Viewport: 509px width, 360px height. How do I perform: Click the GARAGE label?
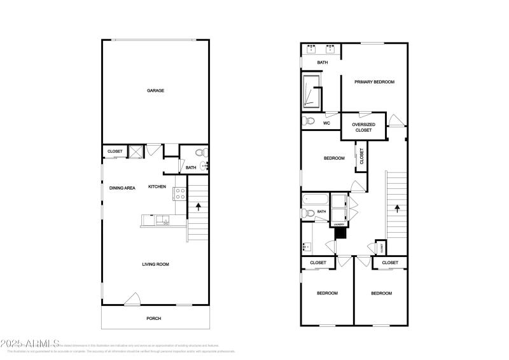click(x=155, y=91)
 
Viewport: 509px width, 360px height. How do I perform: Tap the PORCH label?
click(x=154, y=319)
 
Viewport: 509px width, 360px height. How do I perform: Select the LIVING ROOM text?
click(x=155, y=264)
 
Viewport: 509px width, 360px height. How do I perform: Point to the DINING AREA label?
click(x=122, y=188)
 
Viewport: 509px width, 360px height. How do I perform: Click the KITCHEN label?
click(x=157, y=187)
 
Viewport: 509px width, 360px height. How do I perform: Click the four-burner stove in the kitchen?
click(x=180, y=194)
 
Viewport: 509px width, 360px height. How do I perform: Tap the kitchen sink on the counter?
click(x=164, y=221)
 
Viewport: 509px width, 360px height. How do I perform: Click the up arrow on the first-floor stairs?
click(x=199, y=206)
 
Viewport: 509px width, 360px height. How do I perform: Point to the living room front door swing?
click(x=133, y=298)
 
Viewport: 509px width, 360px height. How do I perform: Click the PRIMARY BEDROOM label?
click(x=375, y=82)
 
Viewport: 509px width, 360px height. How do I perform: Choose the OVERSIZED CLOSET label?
click(x=363, y=127)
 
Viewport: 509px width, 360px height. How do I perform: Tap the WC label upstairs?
click(x=326, y=123)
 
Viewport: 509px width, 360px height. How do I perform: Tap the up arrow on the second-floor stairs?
click(x=398, y=207)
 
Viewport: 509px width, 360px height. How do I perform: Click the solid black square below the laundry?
click(x=340, y=233)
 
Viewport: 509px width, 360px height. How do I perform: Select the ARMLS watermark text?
click(x=30, y=344)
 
